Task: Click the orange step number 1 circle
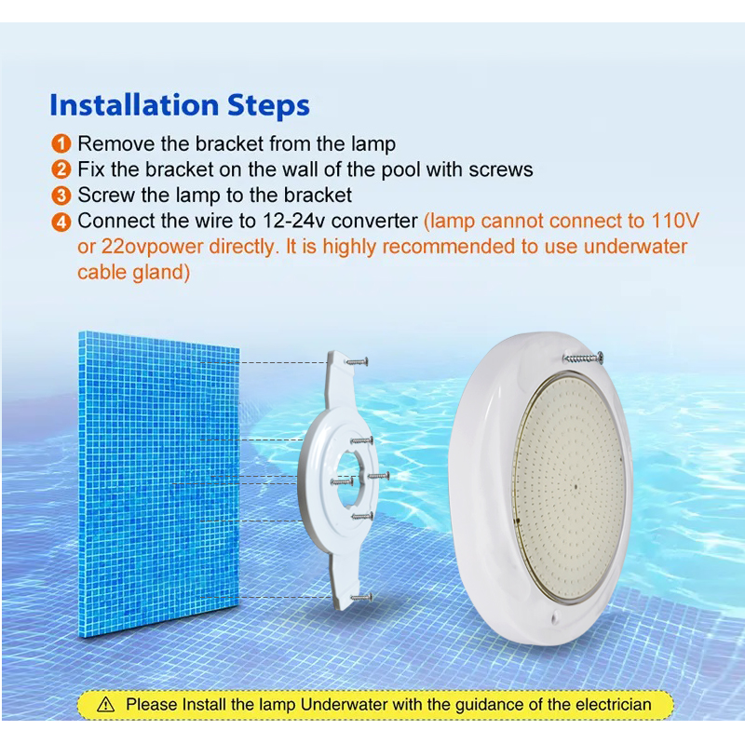(x=61, y=143)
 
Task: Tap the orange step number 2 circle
(x=61, y=169)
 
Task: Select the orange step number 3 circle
(x=61, y=196)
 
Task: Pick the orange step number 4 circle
(x=61, y=222)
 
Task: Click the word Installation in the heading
(x=134, y=105)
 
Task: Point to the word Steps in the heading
(x=268, y=106)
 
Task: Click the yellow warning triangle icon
(x=105, y=704)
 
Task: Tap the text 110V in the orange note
(x=675, y=221)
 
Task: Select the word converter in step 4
(x=374, y=221)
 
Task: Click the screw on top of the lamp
(x=583, y=358)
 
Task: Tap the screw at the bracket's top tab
(x=357, y=362)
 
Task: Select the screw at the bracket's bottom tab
(x=361, y=597)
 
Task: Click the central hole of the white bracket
(x=351, y=477)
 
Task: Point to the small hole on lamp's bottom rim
(x=554, y=618)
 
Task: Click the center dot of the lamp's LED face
(x=576, y=487)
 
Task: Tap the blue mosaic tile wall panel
(x=158, y=483)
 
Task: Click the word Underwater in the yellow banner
(x=345, y=704)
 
